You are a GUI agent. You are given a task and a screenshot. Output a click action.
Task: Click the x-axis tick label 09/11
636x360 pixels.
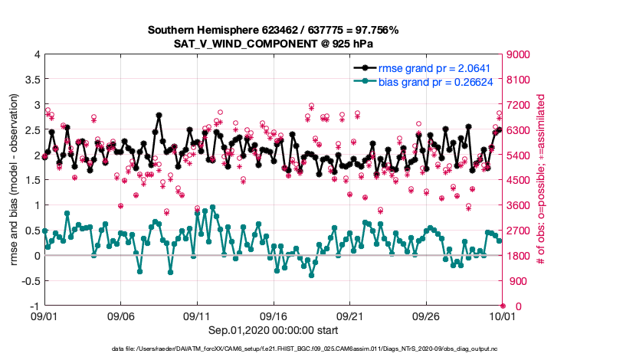(197, 316)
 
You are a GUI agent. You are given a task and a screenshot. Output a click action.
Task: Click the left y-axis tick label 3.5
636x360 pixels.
(31, 79)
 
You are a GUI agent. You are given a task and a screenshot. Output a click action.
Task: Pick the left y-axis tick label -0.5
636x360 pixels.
(29, 280)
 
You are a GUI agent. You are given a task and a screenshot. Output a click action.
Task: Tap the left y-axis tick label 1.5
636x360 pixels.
(31, 180)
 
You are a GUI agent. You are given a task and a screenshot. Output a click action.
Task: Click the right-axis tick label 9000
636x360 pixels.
(519, 54)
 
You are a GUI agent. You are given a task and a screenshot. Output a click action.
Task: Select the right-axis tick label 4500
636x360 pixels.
(519, 180)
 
